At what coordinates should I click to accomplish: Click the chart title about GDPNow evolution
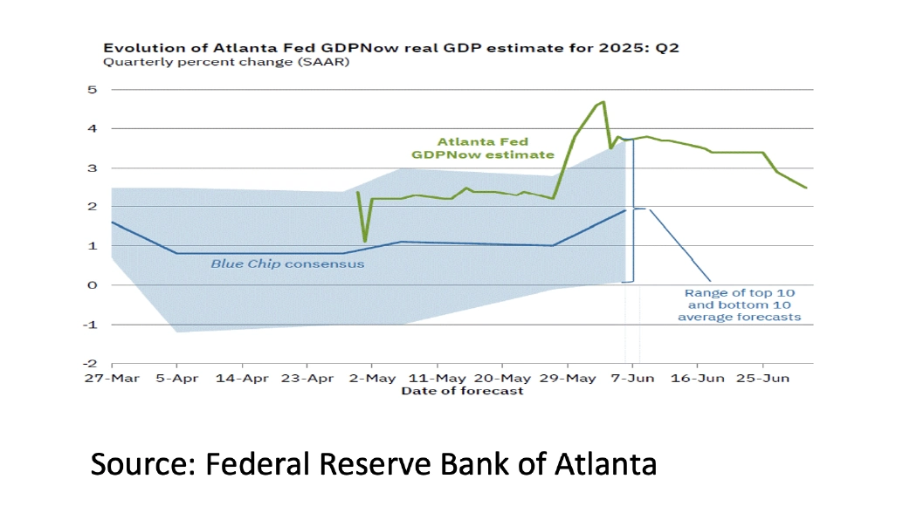pos(390,48)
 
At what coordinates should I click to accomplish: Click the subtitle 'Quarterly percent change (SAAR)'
pos(225,63)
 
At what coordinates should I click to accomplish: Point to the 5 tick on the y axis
pos(92,89)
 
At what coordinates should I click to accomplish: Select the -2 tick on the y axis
pos(90,363)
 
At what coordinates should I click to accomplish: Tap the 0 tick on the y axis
pos(92,285)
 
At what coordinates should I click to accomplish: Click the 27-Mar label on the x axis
pos(111,379)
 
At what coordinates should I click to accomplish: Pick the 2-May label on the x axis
pos(372,379)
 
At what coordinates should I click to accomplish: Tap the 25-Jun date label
pos(762,379)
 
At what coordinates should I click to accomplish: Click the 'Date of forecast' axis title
pos(462,392)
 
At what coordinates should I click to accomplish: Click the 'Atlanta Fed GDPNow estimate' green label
pos(483,147)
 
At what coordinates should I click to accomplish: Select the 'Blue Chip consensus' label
pos(287,263)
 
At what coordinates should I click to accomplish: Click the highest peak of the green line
pos(603,102)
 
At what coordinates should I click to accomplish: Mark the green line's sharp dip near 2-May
pos(365,241)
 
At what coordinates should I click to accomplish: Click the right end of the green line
pos(806,188)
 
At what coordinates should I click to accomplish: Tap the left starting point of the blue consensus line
pos(112,222)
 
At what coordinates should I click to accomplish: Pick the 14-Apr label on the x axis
pos(242,379)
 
